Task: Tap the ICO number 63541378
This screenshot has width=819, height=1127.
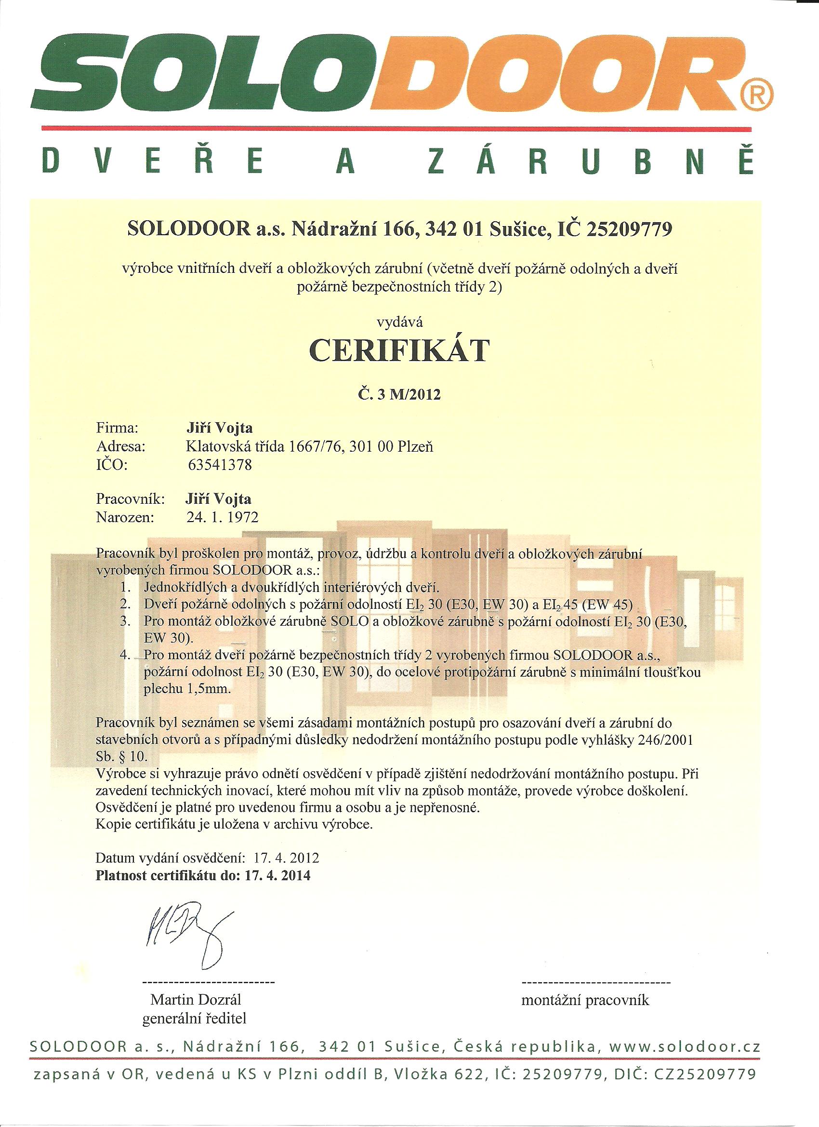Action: [x=220, y=465]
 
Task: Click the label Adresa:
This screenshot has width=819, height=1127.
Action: [x=121, y=446]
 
